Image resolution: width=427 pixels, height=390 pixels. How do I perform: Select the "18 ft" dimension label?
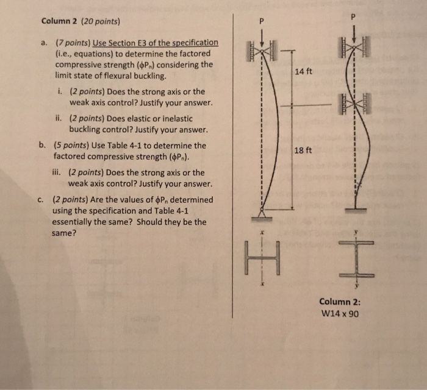(x=303, y=150)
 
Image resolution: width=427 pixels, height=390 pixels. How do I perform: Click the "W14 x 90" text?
(x=339, y=315)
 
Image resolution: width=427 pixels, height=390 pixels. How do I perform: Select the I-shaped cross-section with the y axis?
(x=357, y=258)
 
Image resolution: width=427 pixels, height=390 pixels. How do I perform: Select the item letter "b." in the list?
(x=43, y=146)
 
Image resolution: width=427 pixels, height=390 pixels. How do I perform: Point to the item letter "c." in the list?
(x=41, y=199)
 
